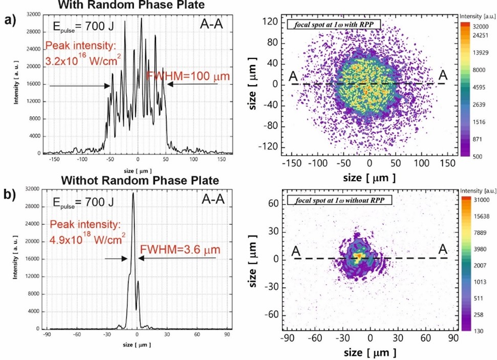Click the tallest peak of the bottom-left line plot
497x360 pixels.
[134, 194]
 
